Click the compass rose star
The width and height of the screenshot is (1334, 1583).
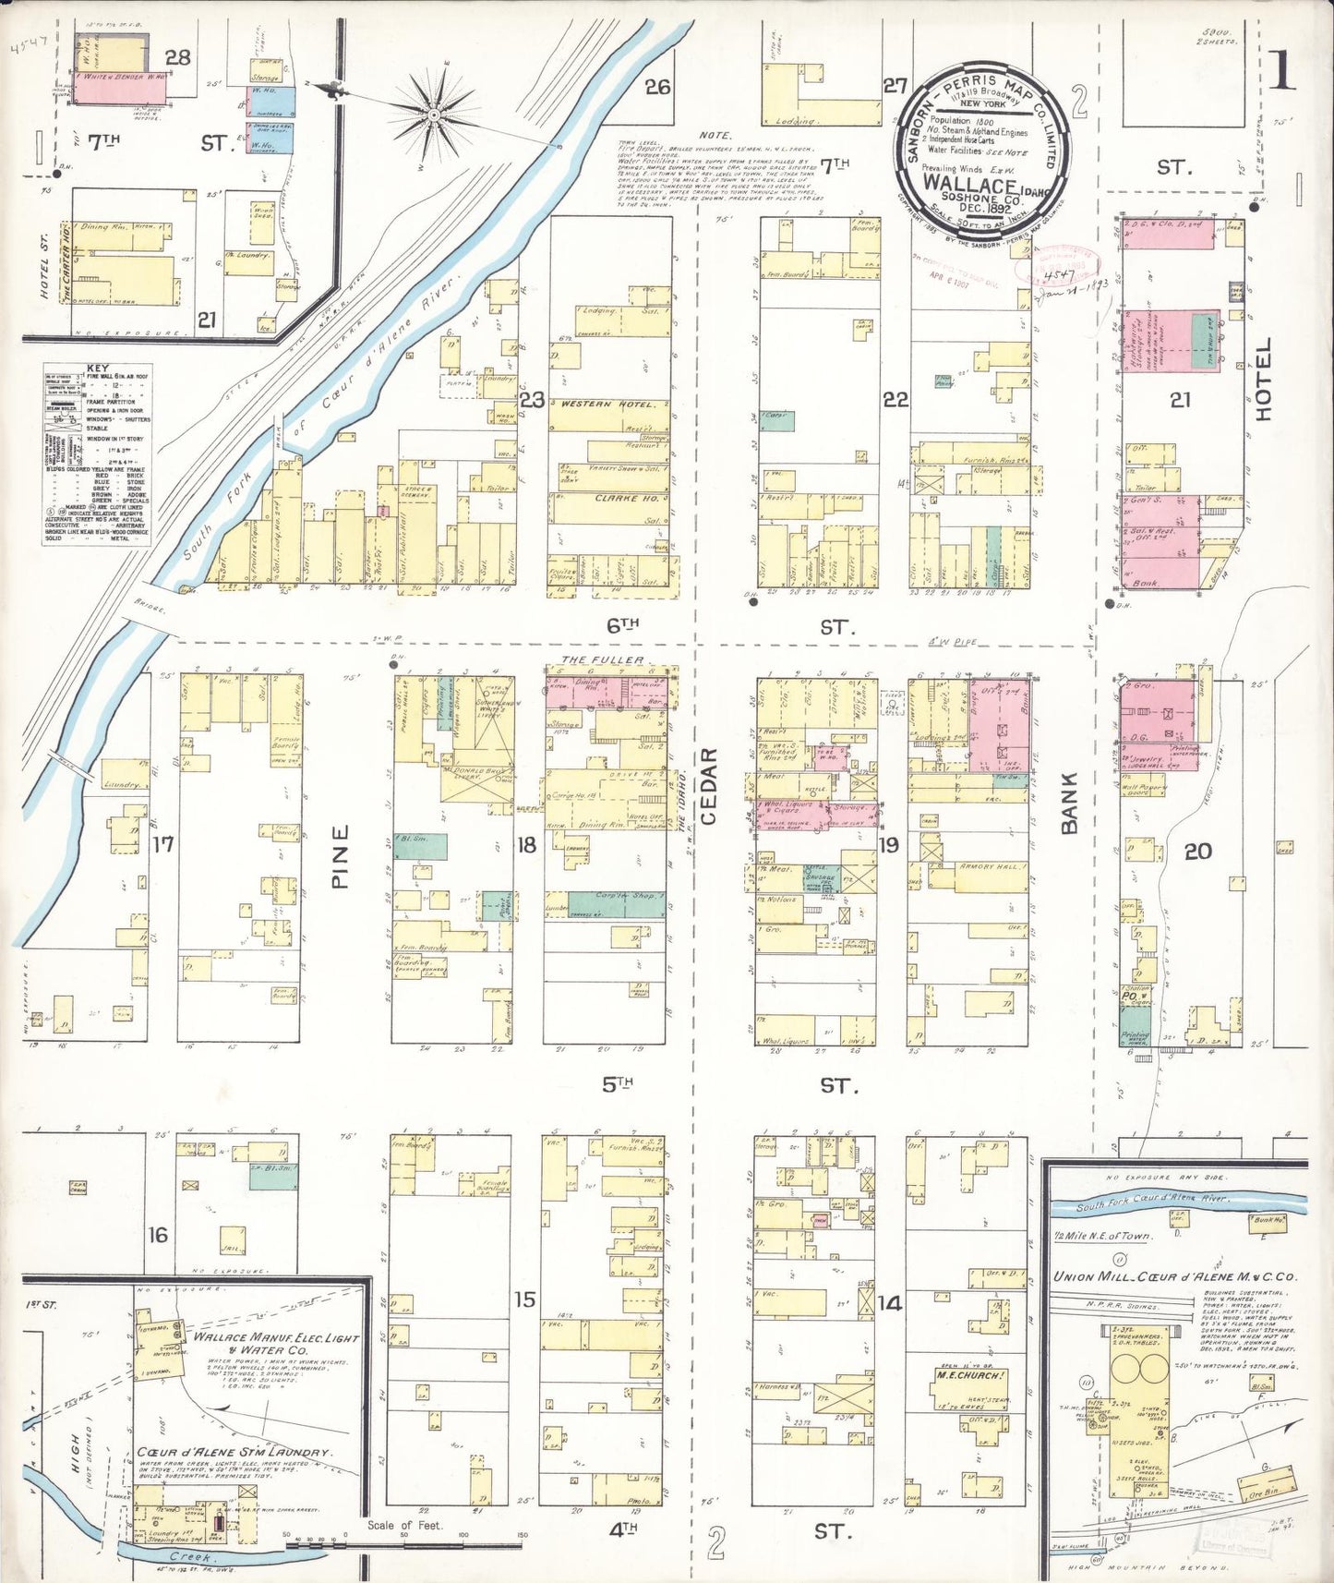[x=433, y=114]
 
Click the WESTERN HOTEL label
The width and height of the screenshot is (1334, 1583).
[x=607, y=405]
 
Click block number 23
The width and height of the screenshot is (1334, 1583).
[x=532, y=401]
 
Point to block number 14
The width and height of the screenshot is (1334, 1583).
[x=889, y=1303]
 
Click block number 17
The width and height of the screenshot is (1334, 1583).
[x=163, y=843]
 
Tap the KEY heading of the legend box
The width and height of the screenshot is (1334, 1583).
[x=97, y=369]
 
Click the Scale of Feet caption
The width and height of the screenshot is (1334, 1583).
[x=404, y=1525]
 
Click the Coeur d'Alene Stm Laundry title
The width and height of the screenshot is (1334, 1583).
[x=234, y=1453]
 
